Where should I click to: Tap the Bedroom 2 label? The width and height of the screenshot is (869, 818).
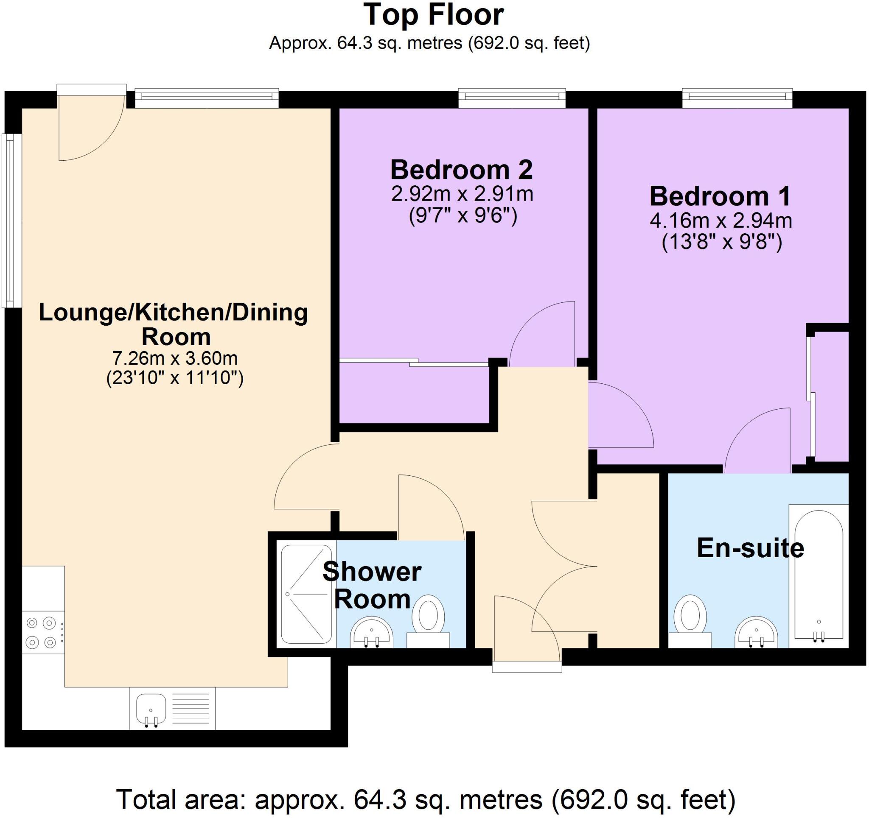pyautogui.click(x=462, y=170)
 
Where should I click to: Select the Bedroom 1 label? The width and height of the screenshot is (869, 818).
pyautogui.click(x=720, y=196)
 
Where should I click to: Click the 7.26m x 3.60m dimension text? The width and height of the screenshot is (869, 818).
pyautogui.click(x=175, y=359)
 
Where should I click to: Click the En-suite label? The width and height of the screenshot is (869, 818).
pyautogui.click(x=750, y=548)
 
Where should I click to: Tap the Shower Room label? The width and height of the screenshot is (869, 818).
pyautogui.click(x=372, y=586)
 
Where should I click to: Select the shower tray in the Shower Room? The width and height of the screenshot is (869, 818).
pyautogui.click(x=306, y=594)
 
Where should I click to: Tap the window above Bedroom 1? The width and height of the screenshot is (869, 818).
pyautogui.click(x=737, y=99)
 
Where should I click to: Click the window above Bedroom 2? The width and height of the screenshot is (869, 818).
pyautogui.click(x=512, y=99)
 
